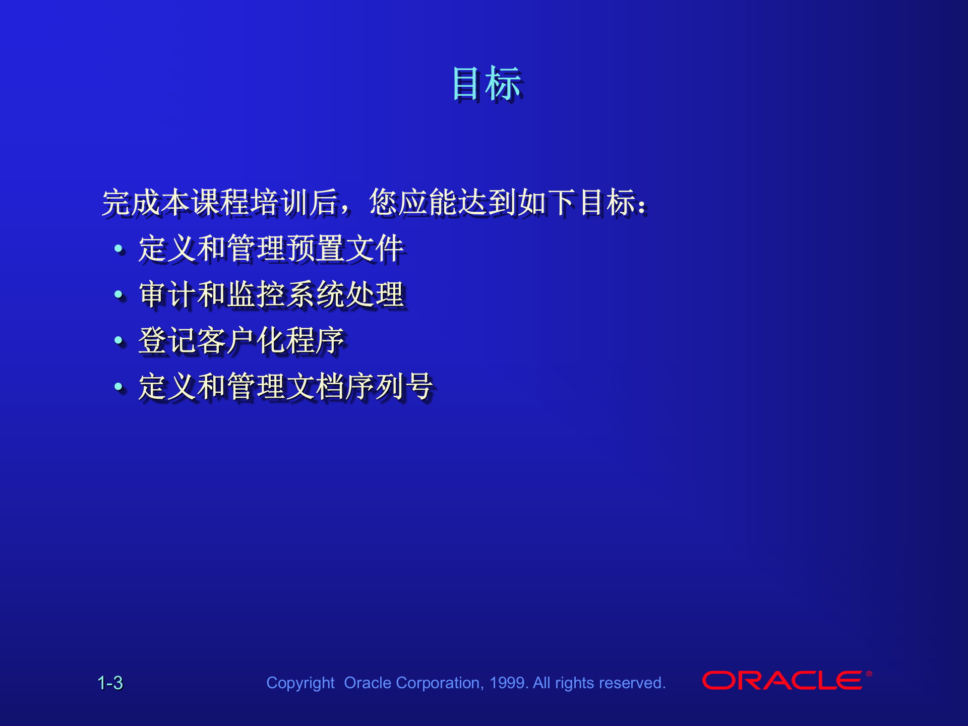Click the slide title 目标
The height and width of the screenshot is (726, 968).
pyautogui.click(x=487, y=84)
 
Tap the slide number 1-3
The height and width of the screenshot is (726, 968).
pyautogui.click(x=110, y=683)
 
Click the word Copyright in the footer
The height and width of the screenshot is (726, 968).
pyautogui.click(x=300, y=683)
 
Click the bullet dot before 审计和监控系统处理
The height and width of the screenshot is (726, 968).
pyautogui.click(x=119, y=294)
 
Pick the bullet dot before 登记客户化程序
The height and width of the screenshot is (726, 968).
pyautogui.click(x=119, y=340)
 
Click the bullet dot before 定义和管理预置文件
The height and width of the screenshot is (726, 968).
pyautogui.click(x=119, y=249)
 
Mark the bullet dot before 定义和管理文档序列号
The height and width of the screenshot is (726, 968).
pyautogui.click(x=119, y=387)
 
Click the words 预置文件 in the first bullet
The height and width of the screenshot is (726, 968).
pyautogui.click(x=345, y=249)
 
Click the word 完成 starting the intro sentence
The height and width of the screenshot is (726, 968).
pyautogui.click(x=132, y=203)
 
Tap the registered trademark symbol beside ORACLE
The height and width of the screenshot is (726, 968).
pyautogui.click(x=869, y=674)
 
